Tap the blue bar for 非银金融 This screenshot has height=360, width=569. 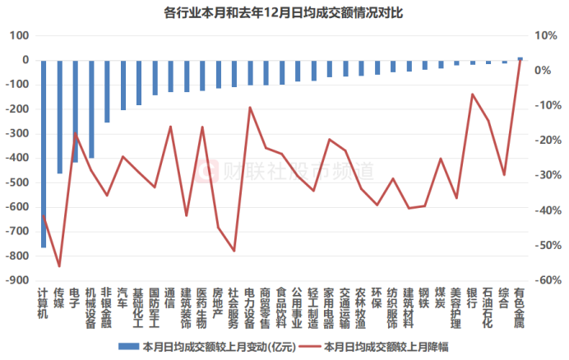(107, 91)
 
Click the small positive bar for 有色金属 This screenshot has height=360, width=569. (520, 58)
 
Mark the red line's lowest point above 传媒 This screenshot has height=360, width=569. (59, 266)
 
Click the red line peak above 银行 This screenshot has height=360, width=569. (472, 94)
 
